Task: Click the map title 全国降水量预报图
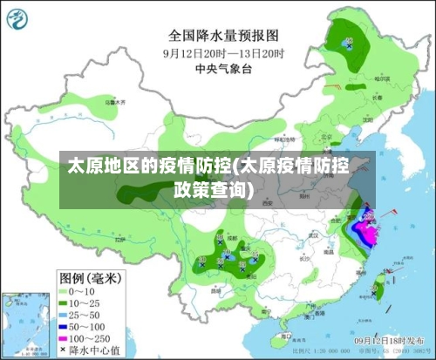223,36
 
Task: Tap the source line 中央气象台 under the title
223,67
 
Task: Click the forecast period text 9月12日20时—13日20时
223,52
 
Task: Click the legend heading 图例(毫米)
90,276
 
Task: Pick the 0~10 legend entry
83,290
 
